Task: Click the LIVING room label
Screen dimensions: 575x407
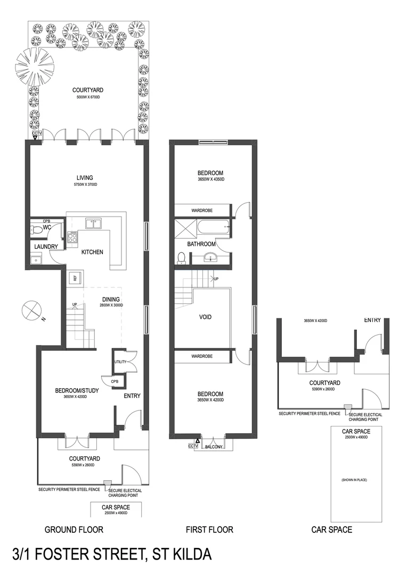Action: pyautogui.click(x=85, y=178)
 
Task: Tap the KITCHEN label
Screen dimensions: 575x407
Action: pyautogui.click(x=92, y=252)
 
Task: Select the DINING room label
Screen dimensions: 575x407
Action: pyautogui.click(x=111, y=299)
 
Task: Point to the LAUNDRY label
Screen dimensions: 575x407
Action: pyautogui.click(x=42, y=247)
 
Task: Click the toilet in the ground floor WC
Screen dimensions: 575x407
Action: pyautogui.click(x=34, y=230)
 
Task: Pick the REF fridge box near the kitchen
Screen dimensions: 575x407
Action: pyautogui.click(x=75, y=278)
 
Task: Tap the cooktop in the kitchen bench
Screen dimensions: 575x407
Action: pyautogui.click(x=74, y=237)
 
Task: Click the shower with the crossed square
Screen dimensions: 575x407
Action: pyautogui.click(x=184, y=229)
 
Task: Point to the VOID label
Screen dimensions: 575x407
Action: pyautogui.click(x=205, y=317)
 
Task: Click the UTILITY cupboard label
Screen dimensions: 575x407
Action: pyautogui.click(x=119, y=362)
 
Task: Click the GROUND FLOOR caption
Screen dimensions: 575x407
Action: pyautogui.click(x=74, y=530)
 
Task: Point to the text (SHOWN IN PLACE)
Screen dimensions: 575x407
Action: pyautogui.click(x=354, y=480)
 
